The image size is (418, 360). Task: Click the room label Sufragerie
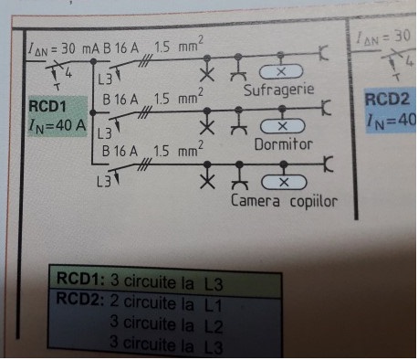pyautogui.click(x=279, y=90)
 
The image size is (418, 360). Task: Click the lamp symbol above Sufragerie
pyautogui.click(x=282, y=71)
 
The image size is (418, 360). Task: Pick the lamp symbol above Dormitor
pyautogui.click(x=282, y=125)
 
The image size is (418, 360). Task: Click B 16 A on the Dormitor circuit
pyautogui.click(x=121, y=99)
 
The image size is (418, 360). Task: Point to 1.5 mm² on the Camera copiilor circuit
pyautogui.click(x=178, y=151)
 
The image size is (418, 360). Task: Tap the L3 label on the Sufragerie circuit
pyautogui.click(x=105, y=79)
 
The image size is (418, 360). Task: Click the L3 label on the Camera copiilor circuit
pyautogui.click(x=105, y=180)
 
